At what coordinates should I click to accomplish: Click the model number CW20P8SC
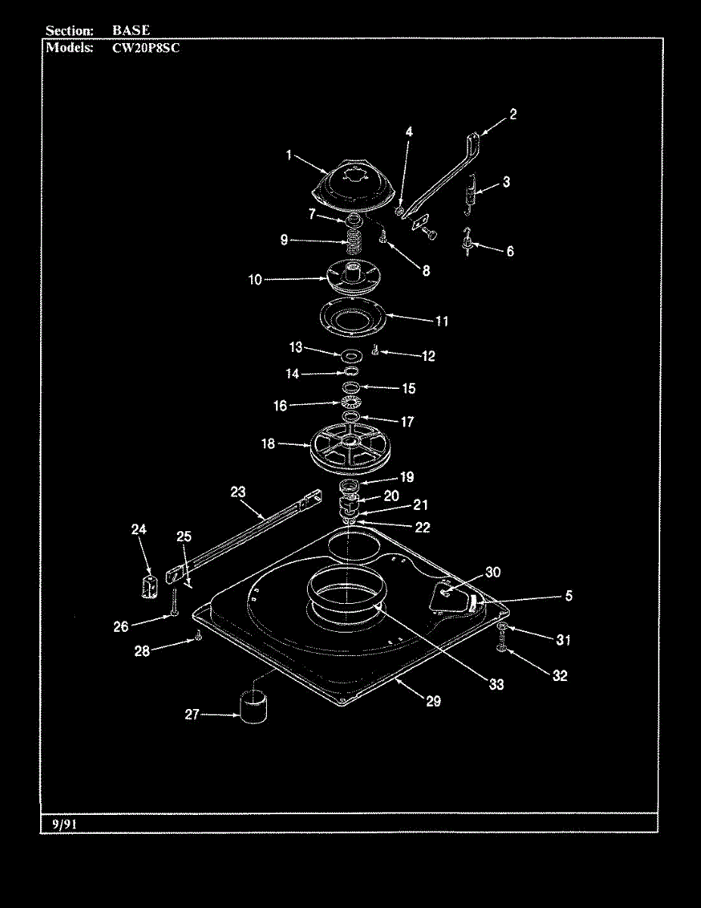click(x=146, y=48)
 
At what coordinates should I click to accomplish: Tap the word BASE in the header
click(x=131, y=30)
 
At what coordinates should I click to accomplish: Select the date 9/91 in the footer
click(x=65, y=824)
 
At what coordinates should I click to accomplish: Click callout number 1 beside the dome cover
click(x=289, y=155)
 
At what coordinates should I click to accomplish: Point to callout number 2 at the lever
click(x=513, y=114)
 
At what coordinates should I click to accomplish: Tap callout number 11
click(x=442, y=322)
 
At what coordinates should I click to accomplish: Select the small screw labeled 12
click(x=375, y=350)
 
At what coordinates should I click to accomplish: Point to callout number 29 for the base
click(x=433, y=701)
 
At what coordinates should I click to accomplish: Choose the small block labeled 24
click(x=150, y=586)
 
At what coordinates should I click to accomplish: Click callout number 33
click(x=496, y=685)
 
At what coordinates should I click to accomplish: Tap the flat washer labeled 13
click(x=351, y=356)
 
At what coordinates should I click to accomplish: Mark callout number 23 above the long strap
click(x=238, y=493)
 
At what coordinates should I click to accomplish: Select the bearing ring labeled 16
click(x=351, y=403)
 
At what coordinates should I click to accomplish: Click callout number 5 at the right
click(x=569, y=595)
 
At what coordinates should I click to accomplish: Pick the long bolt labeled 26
click(x=175, y=602)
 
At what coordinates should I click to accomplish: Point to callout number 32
click(x=560, y=676)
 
